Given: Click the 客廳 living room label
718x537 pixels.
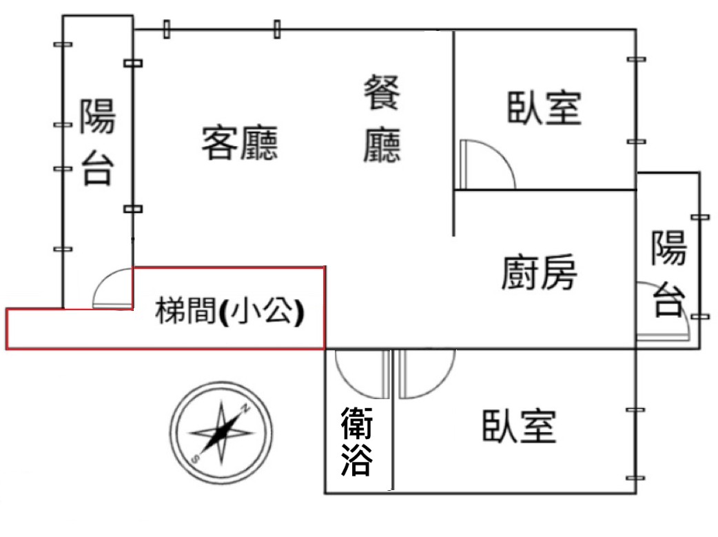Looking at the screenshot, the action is click(x=240, y=143).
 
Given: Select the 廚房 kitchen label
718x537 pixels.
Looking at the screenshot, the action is click(x=539, y=272).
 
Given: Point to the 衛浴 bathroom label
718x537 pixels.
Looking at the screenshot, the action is click(x=357, y=442).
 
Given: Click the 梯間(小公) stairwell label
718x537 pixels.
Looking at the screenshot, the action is click(x=230, y=311).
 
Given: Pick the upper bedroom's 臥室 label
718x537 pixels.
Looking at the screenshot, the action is click(x=544, y=108).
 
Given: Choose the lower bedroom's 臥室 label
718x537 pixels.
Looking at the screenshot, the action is click(x=520, y=426).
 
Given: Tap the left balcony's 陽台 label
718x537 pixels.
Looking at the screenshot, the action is click(x=98, y=142).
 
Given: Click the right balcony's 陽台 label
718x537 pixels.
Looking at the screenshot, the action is click(x=669, y=273).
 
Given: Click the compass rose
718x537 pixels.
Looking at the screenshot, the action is click(x=221, y=432).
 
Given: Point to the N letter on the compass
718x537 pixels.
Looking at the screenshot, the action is click(x=246, y=407).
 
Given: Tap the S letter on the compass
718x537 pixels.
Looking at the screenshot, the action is click(x=196, y=458).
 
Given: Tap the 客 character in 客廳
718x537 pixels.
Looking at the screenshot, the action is click(x=220, y=143).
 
